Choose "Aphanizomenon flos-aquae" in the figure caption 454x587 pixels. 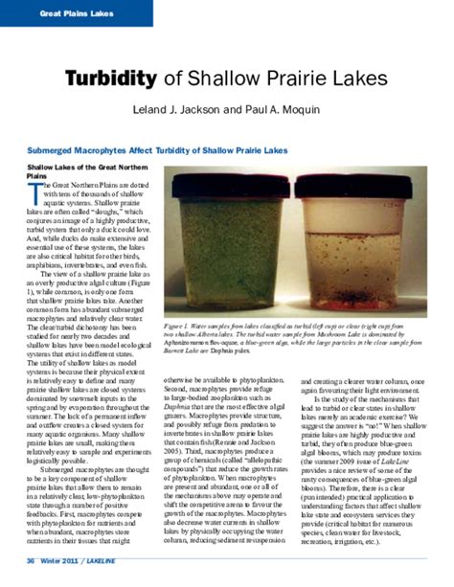click(x=204, y=343)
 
